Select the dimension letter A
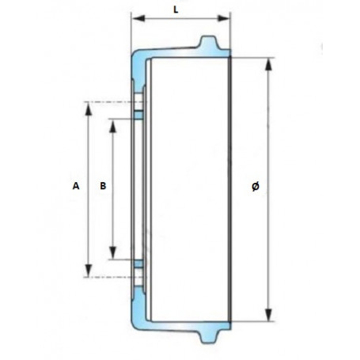pyautogui.click(x=74, y=187)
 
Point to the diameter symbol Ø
pyautogui.click(x=254, y=187)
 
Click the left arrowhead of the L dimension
pyautogui.click(x=134, y=17)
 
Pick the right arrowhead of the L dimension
pyautogui.click(x=227, y=17)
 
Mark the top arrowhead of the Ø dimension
pyautogui.click(x=269, y=61)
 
